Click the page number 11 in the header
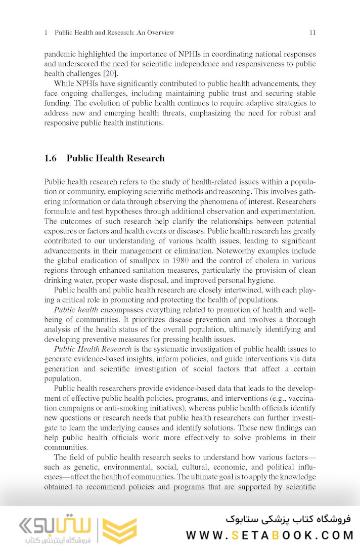[x=312, y=33]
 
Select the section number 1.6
[x=51, y=158]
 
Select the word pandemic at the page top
[x=59, y=54]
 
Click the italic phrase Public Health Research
[x=93, y=349]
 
